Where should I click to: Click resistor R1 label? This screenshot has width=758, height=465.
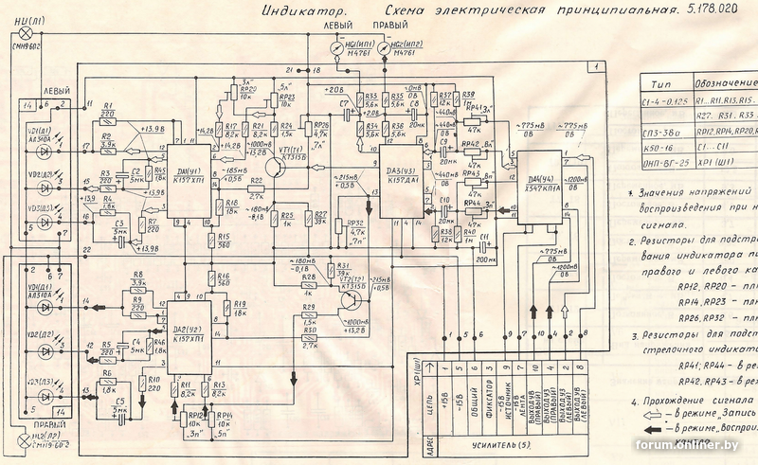(x=107, y=106)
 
